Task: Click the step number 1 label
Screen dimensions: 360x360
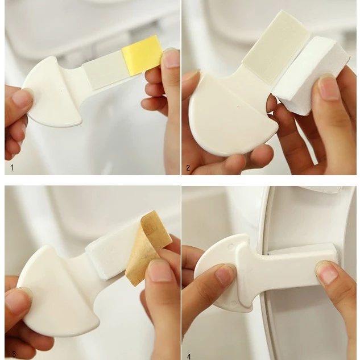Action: click(x=12, y=167)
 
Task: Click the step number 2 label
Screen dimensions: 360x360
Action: click(x=188, y=168)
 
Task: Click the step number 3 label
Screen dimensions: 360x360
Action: click(x=14, y=354)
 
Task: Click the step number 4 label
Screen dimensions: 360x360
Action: click(x=189, y=357)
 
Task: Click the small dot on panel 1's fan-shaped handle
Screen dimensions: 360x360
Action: click(x=61, y=90)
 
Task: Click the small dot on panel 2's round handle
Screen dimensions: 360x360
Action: click(x=238, y=106)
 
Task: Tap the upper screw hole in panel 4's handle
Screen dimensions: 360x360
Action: click(x=231, y=246)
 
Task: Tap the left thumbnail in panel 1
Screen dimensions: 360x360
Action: click(x=22, y=97)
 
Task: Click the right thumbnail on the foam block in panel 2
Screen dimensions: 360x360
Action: click(x=329, y=88)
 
